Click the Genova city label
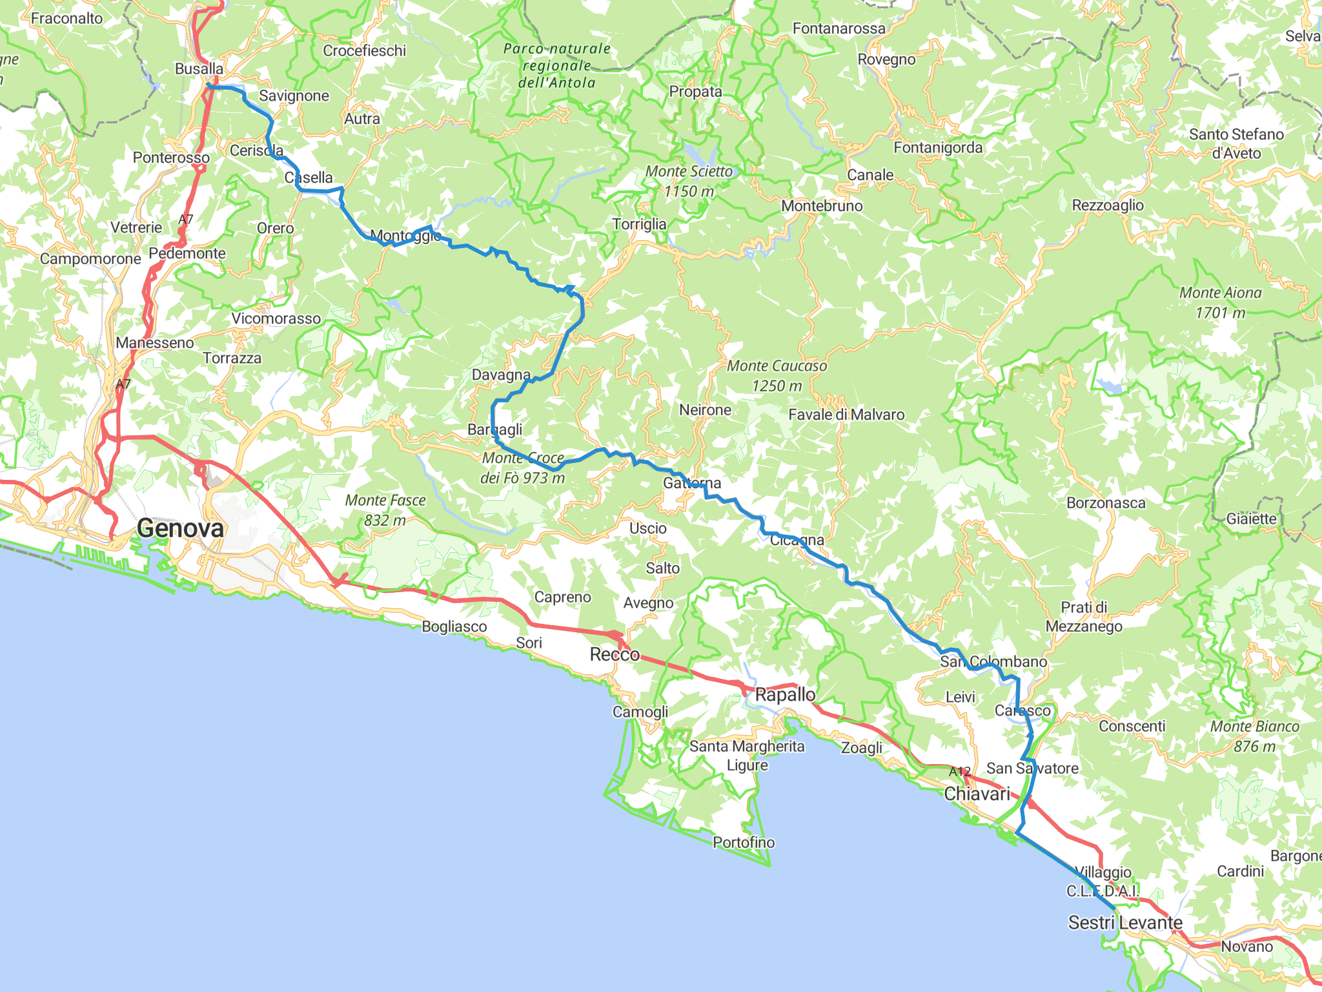180,528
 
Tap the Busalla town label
199,68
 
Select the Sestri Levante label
1125,922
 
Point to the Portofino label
744,842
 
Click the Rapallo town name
785,695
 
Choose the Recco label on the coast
615,654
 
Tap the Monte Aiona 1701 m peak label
1220,302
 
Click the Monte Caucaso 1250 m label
777,375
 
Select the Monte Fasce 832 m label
385,510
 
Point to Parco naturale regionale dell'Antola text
557,65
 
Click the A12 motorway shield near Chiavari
960,771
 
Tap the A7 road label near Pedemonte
186,220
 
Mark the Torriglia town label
639,224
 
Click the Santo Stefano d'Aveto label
1236,143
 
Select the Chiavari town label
977,794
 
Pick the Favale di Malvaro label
846,415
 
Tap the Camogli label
640,712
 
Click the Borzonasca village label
1106,502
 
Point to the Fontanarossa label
839,28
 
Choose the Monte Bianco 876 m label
1254,736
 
